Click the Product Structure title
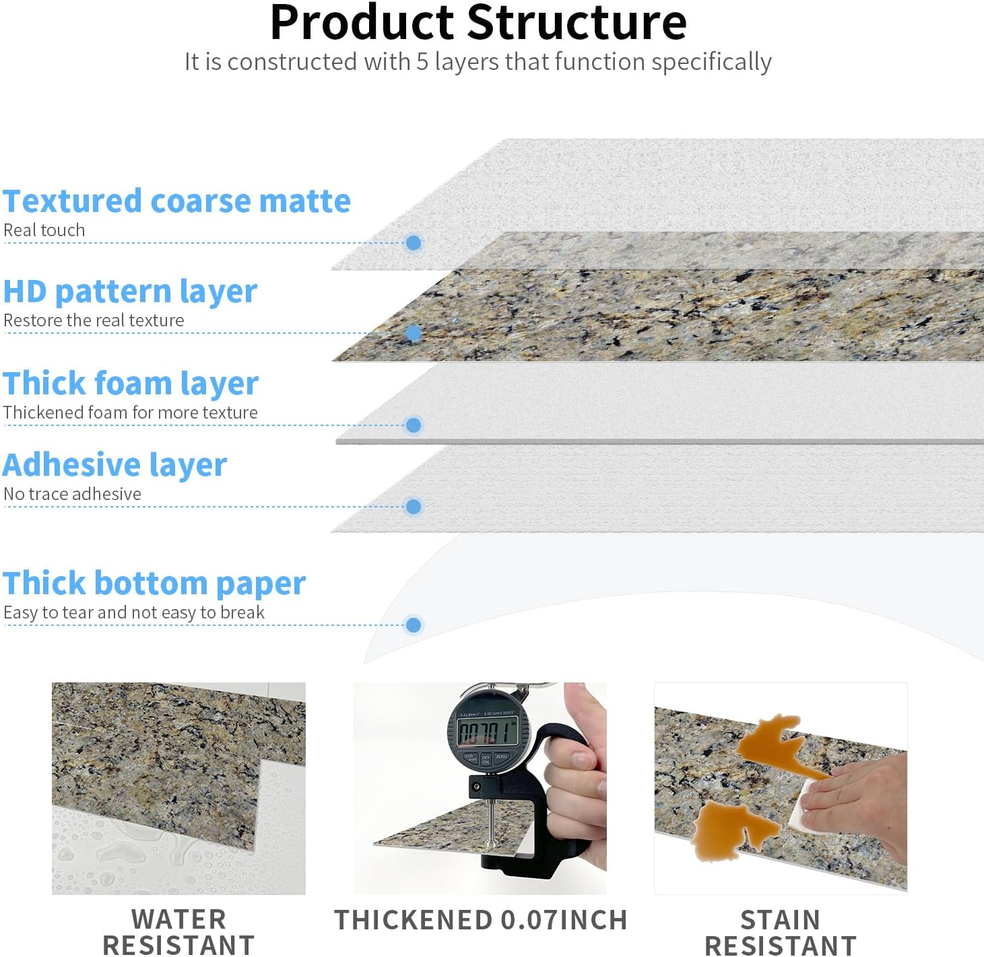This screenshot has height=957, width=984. coord(478,23)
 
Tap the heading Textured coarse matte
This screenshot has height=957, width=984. coord(176,201)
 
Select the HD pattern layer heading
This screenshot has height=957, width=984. coord(130,291)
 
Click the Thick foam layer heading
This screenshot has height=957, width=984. coord(131,383)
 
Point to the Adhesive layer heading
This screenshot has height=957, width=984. coord(115,465)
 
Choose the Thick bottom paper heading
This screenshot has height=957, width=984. coord(154,583)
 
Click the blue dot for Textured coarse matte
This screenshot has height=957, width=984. coord(414,243)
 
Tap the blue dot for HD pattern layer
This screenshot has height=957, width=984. coord(414,333)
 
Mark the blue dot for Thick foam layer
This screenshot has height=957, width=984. coord(414,425)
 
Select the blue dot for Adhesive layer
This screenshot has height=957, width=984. coord(414,507)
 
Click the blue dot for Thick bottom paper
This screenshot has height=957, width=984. coord(414,625)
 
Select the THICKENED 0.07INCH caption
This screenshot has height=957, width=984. coord(480,920)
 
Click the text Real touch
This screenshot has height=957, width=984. coord(44,230)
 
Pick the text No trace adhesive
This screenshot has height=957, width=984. coord(73,494)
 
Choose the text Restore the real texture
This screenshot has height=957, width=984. coord(94,320)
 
